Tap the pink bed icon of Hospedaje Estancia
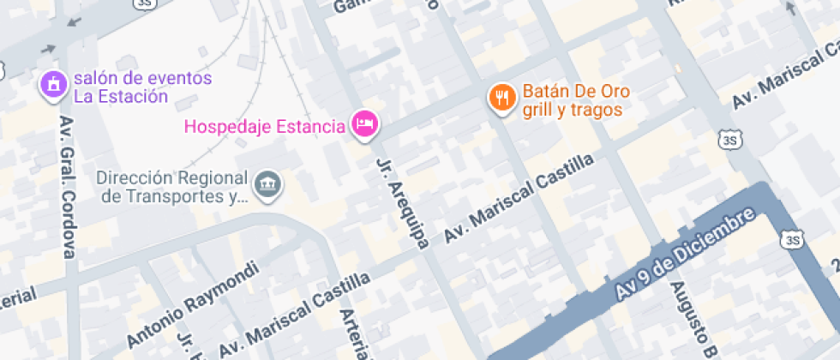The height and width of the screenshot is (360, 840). click(365, 125)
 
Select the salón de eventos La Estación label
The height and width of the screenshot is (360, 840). click(142, 87)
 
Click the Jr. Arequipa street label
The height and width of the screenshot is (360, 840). click(402, 202)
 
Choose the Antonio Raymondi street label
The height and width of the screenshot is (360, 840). click(192, 305)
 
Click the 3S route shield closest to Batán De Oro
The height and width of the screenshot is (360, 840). click(729, 140)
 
